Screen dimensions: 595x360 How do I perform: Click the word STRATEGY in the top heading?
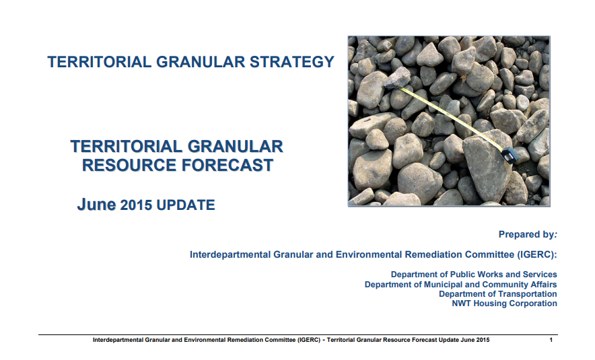pos(292,62)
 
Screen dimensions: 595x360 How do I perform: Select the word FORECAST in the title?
pos(228,165)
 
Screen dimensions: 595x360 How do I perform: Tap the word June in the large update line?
pos(96,205)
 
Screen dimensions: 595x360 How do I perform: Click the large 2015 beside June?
pos(136,205)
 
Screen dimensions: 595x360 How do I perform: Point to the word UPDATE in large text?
pos(186,205)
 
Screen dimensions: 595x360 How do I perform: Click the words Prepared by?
pos(527,234)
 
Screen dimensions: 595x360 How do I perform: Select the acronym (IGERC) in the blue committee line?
pos(536,254)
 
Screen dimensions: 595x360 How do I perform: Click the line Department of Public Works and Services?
pos(474,275)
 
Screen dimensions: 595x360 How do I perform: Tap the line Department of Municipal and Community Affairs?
pos(460,285)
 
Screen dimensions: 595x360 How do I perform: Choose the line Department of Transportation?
pos(498,294)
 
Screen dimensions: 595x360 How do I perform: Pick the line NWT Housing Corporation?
pos(504,303)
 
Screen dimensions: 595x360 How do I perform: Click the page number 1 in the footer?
pos(551,340)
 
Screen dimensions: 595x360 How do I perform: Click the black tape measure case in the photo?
pos(508,155)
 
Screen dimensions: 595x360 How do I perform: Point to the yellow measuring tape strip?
pos(452,117)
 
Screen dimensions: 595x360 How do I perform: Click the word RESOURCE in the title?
pos(129,165)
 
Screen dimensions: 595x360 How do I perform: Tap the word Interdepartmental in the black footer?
pos(118,340)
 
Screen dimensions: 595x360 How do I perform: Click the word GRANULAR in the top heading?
pos(201,62)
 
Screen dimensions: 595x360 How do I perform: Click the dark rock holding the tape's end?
pos(397,78)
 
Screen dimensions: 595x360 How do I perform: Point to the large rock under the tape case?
pos(487,166)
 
